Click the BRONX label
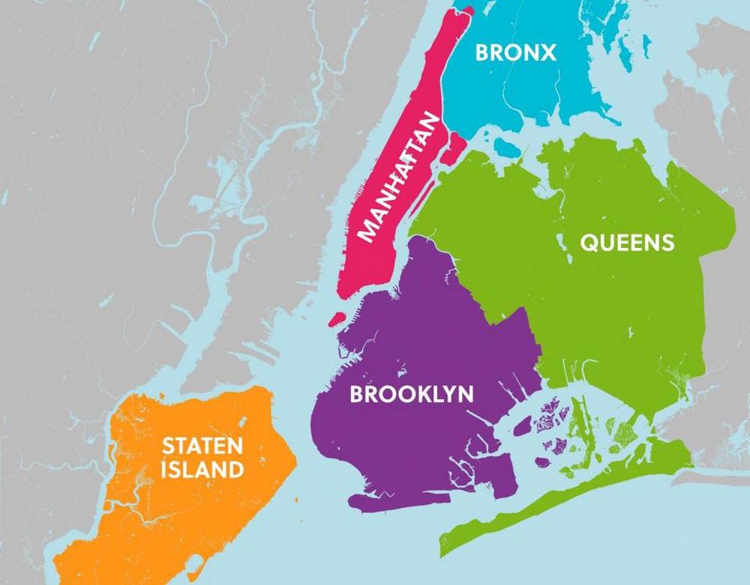[x=516, y=52]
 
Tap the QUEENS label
[x=627, y=243]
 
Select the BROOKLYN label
[x=412, y=393]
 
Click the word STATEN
[x=203, y=447]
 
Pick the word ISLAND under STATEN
[x=203, y=470]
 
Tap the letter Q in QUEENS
[x=589, y=243]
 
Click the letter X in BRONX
[x=548, y=52]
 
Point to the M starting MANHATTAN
[x=369, y=228]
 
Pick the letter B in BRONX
[x=484, y=52]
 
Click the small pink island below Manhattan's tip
[x=337, y=319]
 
